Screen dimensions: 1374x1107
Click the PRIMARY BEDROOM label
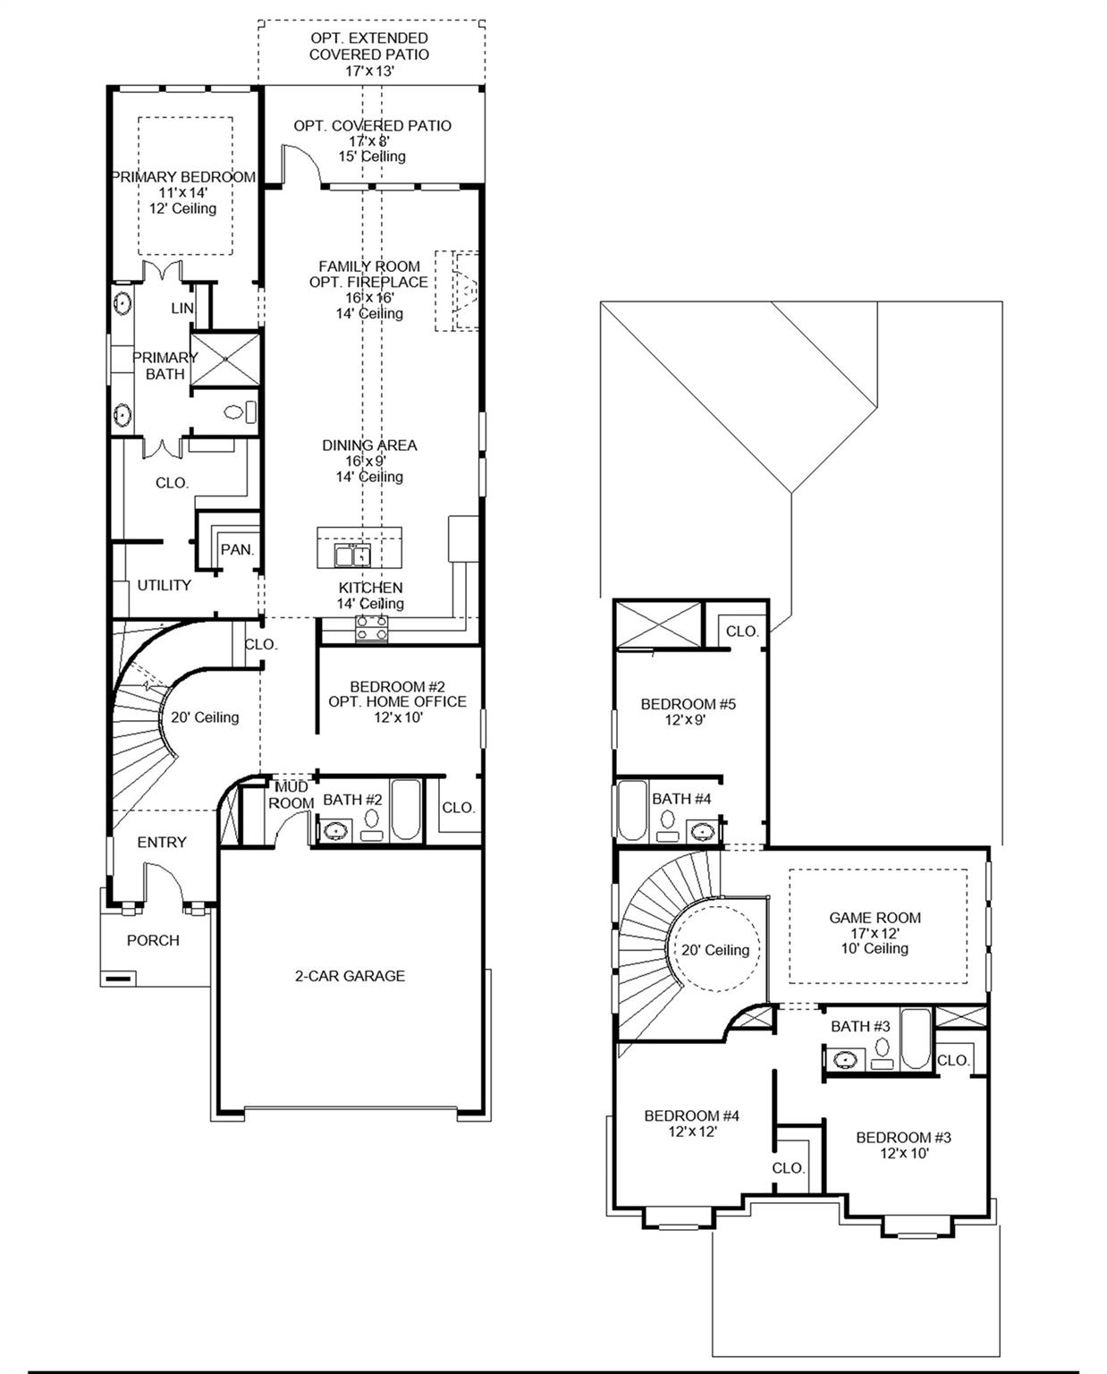pyautogui.click(x=183, y=177)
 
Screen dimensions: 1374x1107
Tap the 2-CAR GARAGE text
pyautogui.click(x=350, y=976)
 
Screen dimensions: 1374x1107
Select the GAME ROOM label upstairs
pyautogui.click(x=875, y=918)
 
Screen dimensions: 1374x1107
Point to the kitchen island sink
pyautogui.click(x=352, y=556)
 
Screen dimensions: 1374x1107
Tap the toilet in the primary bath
pyautogui.click(x=238, y=412)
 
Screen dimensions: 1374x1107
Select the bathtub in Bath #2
pyautogui.click(x=404, y=810)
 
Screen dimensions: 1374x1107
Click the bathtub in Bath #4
pyautogui.click(x=631, y=810)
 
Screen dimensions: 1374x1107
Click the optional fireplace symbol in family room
pyautogui.click(x=463, y=291)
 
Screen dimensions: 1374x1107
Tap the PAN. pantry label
pyautogui.click(x=237, y=549)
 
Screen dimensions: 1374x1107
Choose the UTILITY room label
pyautogui.click(x=164, y=585)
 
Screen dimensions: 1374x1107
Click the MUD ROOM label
pyautogui.click(x=292, y=794)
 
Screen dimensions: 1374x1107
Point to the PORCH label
pyautogui.click(x=153, y=940)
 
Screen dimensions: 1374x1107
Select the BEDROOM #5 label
pyautogui.click(x=688, y=704)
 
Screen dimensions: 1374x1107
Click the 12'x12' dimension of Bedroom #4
pyautogui.click(x=692, y=1131)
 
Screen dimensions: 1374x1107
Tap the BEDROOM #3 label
pyautogui.click(x=903, y=1138)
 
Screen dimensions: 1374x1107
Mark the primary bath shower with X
pyautogui.click(x=225, y=359)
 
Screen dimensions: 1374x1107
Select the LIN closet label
pyautogui.click(x=182, y=309)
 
